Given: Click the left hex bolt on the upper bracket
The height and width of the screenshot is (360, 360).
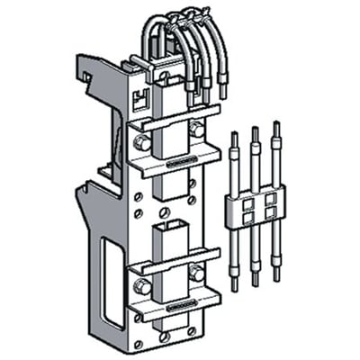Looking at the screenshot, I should [x=140, y=142].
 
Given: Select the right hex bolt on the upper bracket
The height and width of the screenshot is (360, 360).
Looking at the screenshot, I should [x=196, y=130].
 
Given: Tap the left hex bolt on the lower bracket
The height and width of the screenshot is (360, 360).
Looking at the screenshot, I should [x=141, y=287].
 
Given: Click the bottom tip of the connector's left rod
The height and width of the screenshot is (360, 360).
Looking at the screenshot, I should [x=235, y=286].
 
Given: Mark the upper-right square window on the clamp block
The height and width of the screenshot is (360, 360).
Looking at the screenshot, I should [x=268, y=197].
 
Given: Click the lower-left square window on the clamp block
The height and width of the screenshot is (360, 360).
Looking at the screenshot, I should [x=247, y=217].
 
